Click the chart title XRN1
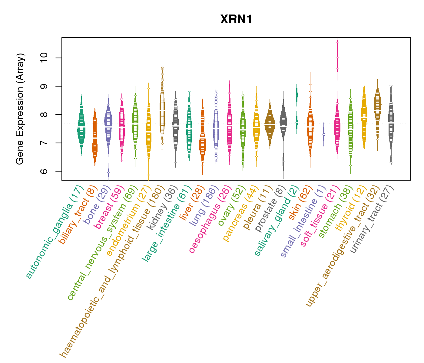pyautogui.click(x=236, y=19)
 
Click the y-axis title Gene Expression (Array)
pyautogui.click(x=20, y=109)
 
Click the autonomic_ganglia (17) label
pyautogui.click(x=54, y=231)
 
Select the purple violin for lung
pyautogui.click(x=216, y=127)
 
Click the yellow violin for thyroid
pyautogui.click(x=364, y=118)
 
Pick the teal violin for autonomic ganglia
pyautogui.click(x=81, y=127)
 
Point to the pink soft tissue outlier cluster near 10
pyautogui.click(x=337, y=57)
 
